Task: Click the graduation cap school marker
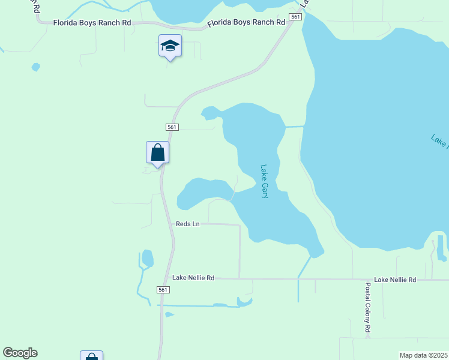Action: tap(170, 46)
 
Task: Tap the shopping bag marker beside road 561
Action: tap(157, 152)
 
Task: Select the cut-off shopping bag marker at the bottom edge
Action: tap(91, 356)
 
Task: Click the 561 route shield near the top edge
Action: tap(295, 17)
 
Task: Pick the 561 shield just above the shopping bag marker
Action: tap(172, 127)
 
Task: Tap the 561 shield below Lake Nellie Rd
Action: tap(163, 290)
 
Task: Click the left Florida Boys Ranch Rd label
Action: tap(92, 23)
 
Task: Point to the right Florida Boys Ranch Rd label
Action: tap(246, 23)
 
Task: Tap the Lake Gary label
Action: tap(264, 182)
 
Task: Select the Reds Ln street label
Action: tap(187, 224)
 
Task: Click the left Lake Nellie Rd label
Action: tap(193, 278)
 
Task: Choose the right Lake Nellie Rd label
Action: tap(394, 280)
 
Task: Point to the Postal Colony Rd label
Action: tap(368, 308)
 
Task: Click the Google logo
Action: tap(20, 353)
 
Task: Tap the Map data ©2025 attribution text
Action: tap(423, 355)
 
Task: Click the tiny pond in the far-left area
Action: tap(36, 67)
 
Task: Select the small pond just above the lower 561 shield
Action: tap(147, 259)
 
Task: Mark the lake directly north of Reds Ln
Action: tap(204, 193)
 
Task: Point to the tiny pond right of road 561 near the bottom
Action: tap(169, 314)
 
